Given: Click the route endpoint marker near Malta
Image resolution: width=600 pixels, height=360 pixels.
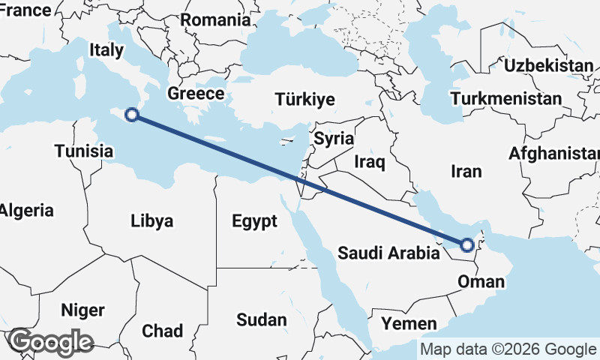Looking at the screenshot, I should pos(132,115).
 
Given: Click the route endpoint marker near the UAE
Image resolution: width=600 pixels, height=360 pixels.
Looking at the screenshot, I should pos(467,244).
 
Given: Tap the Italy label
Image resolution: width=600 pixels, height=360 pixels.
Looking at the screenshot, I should pos(106,50).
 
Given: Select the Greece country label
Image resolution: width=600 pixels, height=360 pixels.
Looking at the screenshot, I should pos(196,94).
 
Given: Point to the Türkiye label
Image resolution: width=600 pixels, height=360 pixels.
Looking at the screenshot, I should pos(305,100).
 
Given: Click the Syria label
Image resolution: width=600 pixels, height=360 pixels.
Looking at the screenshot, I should pos(334,139).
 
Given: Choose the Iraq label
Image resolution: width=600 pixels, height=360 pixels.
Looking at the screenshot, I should pos(369,161).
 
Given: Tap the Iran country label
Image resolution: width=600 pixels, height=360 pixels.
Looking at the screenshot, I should pos(466,172).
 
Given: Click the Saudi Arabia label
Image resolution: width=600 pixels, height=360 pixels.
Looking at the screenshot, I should pos(388,253).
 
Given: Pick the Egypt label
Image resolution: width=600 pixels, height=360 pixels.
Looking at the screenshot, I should pos(254,221).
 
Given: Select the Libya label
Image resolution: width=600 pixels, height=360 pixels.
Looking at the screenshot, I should pos(151,221).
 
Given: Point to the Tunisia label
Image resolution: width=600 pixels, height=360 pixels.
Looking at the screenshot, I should pos(83,151).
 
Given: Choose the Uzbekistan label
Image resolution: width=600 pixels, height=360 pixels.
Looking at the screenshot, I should pos(548,66).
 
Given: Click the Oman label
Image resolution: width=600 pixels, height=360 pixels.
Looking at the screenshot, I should pos(481,283).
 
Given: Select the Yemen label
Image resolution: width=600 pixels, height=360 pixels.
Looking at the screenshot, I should pos(409,324).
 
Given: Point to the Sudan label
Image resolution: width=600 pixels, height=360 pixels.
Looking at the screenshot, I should pos(262,320).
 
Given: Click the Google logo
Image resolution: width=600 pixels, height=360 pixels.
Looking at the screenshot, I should pos(49,342).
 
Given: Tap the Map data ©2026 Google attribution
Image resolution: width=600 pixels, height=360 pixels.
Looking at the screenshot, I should pos(508,349).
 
